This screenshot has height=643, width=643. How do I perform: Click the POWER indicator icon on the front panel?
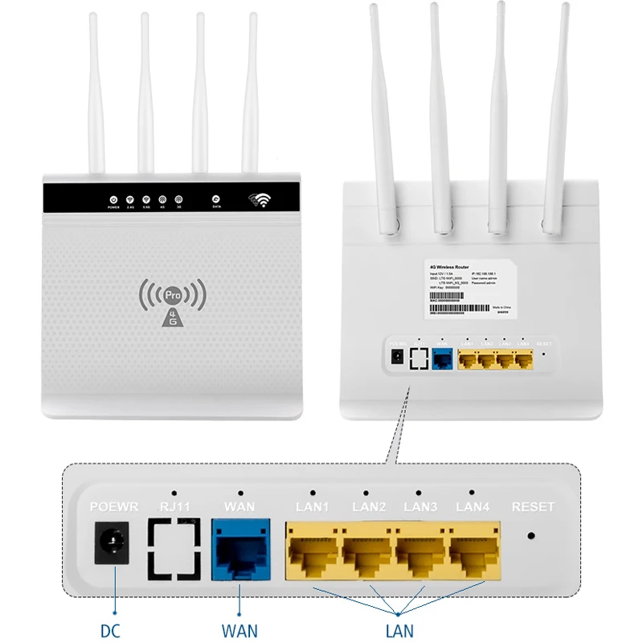point(113,199)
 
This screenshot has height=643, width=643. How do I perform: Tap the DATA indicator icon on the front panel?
point(216,199)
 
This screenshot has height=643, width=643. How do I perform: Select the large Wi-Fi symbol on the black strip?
point(260,199)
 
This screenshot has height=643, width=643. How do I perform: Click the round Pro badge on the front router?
point(171,294)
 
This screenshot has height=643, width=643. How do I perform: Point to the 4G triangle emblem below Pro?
point(171,317)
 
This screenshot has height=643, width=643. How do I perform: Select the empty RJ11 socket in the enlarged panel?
point(174,550)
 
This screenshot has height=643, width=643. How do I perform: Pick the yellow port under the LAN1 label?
point(312,554)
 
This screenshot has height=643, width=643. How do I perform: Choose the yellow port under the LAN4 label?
point(474,554)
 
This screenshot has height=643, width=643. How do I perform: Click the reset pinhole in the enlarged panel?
point(531,534)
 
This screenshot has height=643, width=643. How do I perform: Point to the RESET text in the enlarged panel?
point(533,508)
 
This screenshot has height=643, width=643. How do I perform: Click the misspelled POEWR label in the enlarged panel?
point(114,508)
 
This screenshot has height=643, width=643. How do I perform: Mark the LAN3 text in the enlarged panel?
point(420,508)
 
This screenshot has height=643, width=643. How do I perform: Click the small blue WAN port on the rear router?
point(441,359)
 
